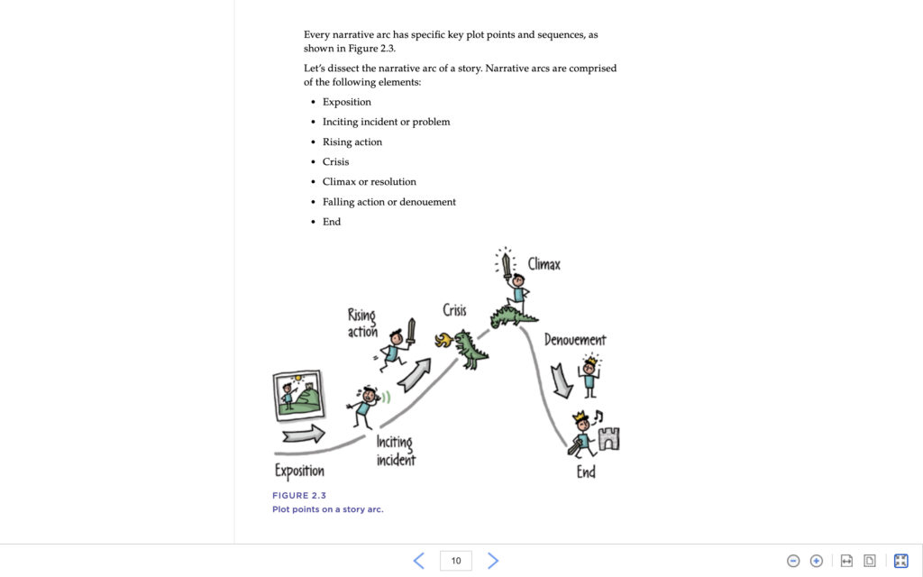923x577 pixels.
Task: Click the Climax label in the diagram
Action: (x=544, y=264)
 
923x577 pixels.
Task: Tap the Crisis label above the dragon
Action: (x=454, y=310)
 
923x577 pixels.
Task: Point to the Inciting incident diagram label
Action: (x=396, y=451)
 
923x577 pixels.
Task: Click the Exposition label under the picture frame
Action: (x=299, y=471)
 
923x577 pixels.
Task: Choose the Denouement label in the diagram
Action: (x=575, y=340)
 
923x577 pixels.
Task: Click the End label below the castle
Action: (x=586, y=471)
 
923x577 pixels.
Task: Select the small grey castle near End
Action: (x=609, y=438)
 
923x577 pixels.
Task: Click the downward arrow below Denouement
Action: (x=561, y=380)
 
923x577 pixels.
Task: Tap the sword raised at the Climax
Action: (x=507, y=263)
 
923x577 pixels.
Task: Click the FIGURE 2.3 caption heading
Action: (x=299, y=495)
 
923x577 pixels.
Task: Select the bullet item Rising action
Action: (x=352, y=142)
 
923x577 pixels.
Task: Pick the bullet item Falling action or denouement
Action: (x=389, y=202)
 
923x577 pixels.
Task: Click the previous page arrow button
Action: (x=419, y=561)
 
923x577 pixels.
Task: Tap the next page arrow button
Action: (x=493, y=561)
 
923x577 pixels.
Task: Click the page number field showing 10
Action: (x=456, y=561)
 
